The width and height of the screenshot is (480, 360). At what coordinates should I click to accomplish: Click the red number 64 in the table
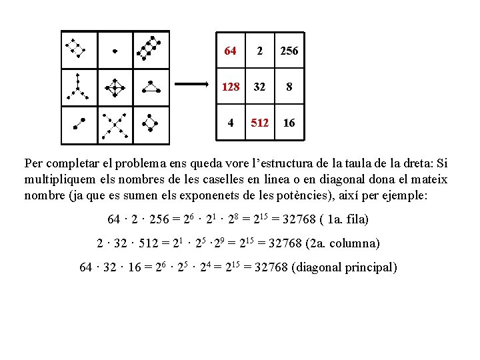point(230,51)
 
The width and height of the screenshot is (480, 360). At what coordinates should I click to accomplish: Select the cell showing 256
point(289,51)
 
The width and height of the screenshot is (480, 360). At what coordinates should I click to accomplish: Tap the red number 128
point(230,87)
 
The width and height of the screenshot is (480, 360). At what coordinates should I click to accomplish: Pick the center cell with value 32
point(260,87)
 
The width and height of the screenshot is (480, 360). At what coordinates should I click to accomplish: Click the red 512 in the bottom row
point(260,123)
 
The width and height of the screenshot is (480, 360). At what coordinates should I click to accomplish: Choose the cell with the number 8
point(289,87)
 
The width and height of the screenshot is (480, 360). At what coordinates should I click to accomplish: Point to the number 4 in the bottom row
point(230,123)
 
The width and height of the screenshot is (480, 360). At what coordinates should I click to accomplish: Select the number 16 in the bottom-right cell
point(289,123)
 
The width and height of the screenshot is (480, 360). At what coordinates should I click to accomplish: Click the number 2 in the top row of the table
point(260,51)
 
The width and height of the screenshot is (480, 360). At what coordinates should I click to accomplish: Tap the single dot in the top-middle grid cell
point(115,51)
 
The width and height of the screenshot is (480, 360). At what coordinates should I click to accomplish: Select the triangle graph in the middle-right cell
point(152,87)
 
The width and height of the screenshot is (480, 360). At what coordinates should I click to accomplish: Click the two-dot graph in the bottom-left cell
point(79,123)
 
